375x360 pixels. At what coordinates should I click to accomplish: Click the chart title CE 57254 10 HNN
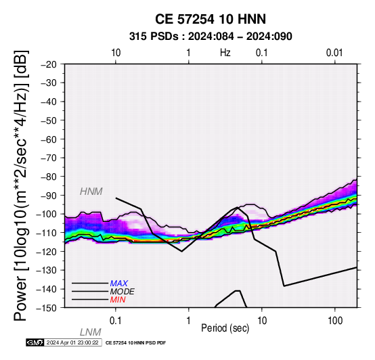[211, 19]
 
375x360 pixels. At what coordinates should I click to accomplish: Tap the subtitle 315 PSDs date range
[211, 37]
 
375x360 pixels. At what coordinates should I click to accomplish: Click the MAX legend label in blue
[119, 284]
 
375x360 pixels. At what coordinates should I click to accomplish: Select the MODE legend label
[123, 292]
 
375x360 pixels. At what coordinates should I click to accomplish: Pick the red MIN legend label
[118, 300]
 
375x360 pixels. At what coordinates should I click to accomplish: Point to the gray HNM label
[91, 192]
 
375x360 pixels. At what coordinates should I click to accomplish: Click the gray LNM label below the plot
[91, 332]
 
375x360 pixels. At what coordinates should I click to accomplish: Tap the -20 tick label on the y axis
[49, 64]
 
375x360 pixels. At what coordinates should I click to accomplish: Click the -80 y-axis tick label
[49, 177]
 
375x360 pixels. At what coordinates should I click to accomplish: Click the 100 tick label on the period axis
[335, 321]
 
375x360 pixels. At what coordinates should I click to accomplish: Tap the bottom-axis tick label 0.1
[116, 321]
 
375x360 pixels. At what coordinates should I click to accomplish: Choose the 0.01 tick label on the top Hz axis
[334, 53]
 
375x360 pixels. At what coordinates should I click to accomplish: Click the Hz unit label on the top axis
[225, 53]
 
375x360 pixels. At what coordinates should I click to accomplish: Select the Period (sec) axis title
[225, 328]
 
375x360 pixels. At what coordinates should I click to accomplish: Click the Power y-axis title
[21, 185]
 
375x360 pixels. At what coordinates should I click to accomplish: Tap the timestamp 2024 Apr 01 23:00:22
[72, 342]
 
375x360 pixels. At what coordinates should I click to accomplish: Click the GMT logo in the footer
[35, 342]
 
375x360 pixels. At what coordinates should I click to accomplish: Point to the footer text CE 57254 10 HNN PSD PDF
[135, 343]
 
